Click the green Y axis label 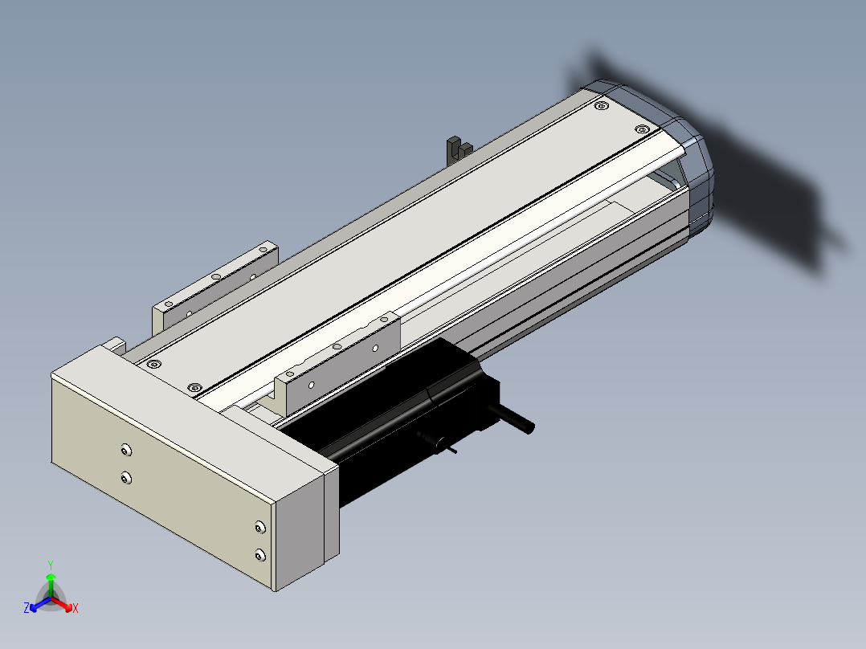click(x=51, y=565)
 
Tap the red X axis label click(x=76, y=608)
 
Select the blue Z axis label click(x=27, y=607)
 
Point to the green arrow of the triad click(x=51, y=585)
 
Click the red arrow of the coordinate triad click(x=62, y=604)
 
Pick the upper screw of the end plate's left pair click(x=126, y=451)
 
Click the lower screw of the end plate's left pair click(x=126, y=478)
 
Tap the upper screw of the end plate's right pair click(x=260, y=528)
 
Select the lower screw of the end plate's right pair click(x=260, y=554)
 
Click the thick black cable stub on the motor click(x=511, y=418)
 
